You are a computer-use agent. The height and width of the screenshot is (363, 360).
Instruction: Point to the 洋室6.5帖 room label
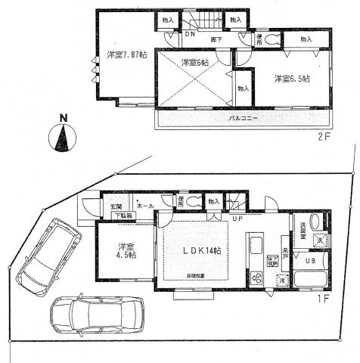coord(290,78)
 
